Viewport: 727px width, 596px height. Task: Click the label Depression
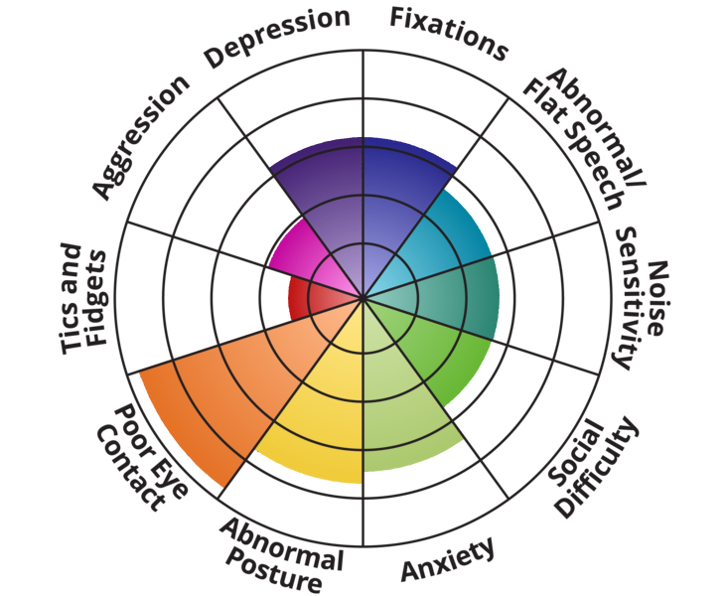tap(277, 37)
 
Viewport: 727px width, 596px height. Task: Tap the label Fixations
tap(448, 32)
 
